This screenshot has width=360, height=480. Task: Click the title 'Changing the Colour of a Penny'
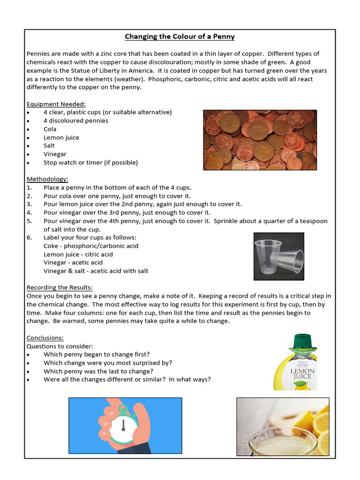point(180,37)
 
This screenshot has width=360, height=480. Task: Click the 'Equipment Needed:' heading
point(56,104)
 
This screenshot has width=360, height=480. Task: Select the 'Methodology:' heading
point(47,179)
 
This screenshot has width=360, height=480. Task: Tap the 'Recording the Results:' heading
point(60,287)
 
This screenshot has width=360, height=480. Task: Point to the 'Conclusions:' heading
point(45,337)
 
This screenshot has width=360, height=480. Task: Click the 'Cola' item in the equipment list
point(50,129)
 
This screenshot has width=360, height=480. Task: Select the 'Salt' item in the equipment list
point(49,146)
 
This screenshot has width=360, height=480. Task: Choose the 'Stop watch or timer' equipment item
point(90,163)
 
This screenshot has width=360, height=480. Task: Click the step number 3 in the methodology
point(29,204)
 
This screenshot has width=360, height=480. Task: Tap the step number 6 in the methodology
point(29,238)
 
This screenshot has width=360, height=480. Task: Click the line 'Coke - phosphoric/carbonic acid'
point(91,246)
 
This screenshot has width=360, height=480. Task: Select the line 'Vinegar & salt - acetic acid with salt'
point(96,271)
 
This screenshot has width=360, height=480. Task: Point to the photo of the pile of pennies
point(260,140)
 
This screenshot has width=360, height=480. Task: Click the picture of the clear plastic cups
point(278,256)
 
